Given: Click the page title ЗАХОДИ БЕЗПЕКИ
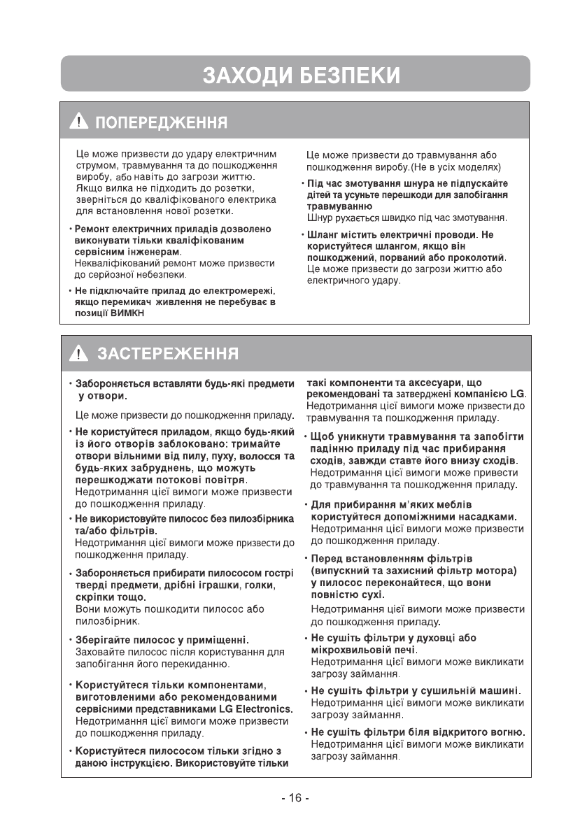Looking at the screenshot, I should pos(293,74).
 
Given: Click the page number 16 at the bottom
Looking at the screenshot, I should pos(295,799).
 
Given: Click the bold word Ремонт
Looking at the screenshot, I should pos(92,229).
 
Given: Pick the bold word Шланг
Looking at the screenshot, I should pos(322,235).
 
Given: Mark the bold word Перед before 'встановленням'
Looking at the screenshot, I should pos(325,558).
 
